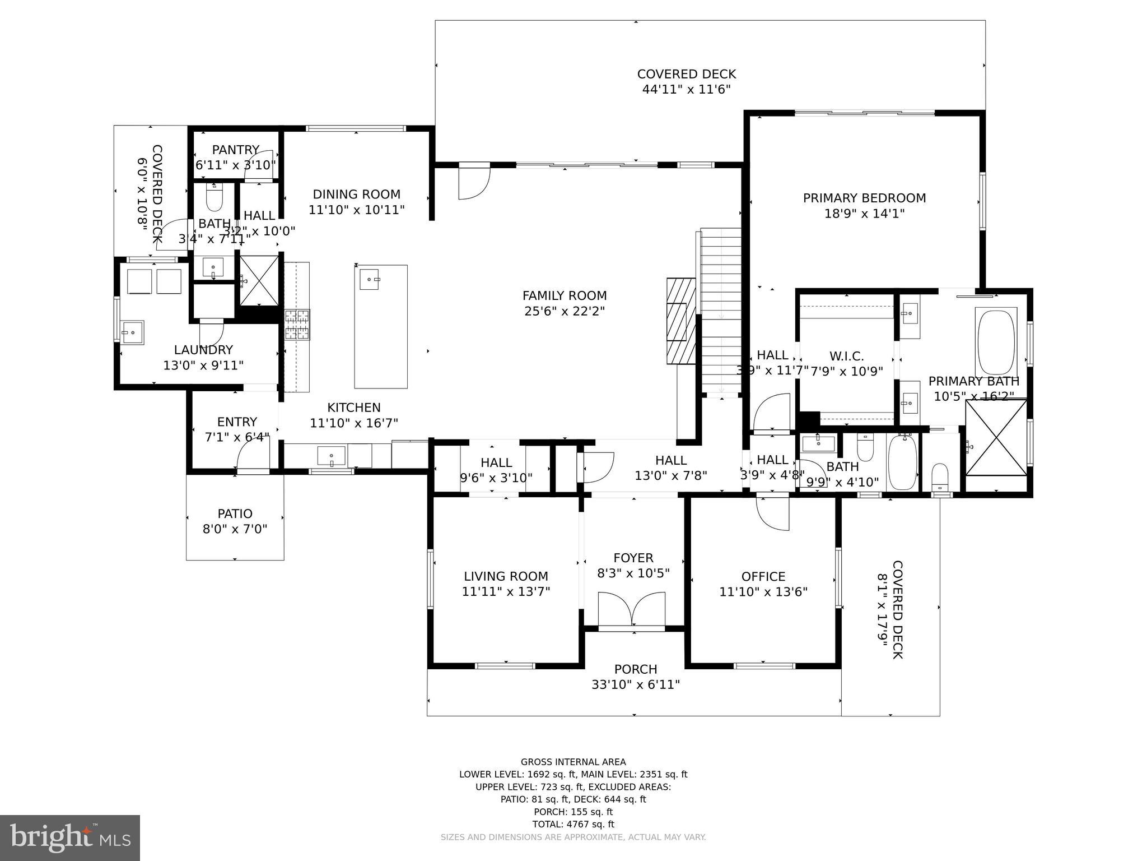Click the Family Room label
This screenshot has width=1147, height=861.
(564, 295)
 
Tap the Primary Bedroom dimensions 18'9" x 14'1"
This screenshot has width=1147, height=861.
(864, 214)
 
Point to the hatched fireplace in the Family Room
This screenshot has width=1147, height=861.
(680, 321)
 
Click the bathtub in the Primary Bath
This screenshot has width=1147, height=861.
(996, 341)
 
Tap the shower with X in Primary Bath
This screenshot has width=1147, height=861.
(996, 437)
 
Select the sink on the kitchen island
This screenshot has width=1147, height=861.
(369, 279)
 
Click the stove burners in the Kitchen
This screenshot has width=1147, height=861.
(297, 325)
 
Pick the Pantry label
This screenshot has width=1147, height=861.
(235, 150)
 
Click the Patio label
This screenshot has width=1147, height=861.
(235, 513)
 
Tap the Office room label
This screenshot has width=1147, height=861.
(763, 576)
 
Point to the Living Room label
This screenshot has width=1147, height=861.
(506, 576)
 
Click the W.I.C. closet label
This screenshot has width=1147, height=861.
(846, 356)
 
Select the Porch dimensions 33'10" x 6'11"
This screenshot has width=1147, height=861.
(635, 684)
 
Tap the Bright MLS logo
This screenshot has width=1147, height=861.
(69, 837)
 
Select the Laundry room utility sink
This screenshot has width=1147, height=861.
(133, 332)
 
